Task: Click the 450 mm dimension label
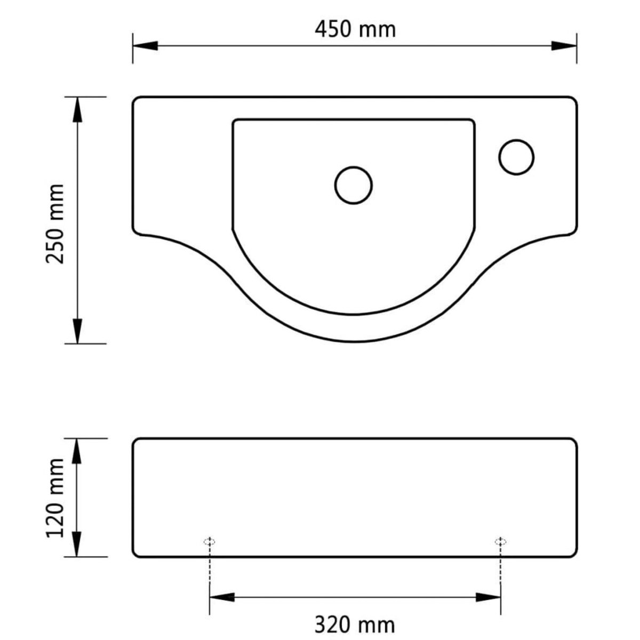pyautogui.click(x=355, y=29)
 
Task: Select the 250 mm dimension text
pyautogui.click(x=55, y=223)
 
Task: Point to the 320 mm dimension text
pyautogui.click(x=355, y=625)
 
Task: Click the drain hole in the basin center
pyautogui.click(x=354, y=185)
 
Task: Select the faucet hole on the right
pyautogui.click(x=516, y=157)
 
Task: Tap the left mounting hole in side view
pyautogui.click(x=210, y=541)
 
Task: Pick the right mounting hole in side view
pyautogui.click(x=500, y=541)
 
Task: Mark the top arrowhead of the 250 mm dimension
pyautogui.click(x=78, y=109)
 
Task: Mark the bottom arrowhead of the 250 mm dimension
pyautogui.click(x=78, y=331)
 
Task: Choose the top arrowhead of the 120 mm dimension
pyautogui.click(x=78, y=451)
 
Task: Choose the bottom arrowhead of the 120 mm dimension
pyautogui.click(x=78, y=545)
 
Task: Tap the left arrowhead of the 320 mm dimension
pyautogui.click(x=222, y=596)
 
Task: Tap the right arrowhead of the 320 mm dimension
pyautogui.click(x=488, y=596)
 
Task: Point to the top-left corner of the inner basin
pyautogui.click(x=235, y=121)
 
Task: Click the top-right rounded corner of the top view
pyautogui.click(x=573, y=101)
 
